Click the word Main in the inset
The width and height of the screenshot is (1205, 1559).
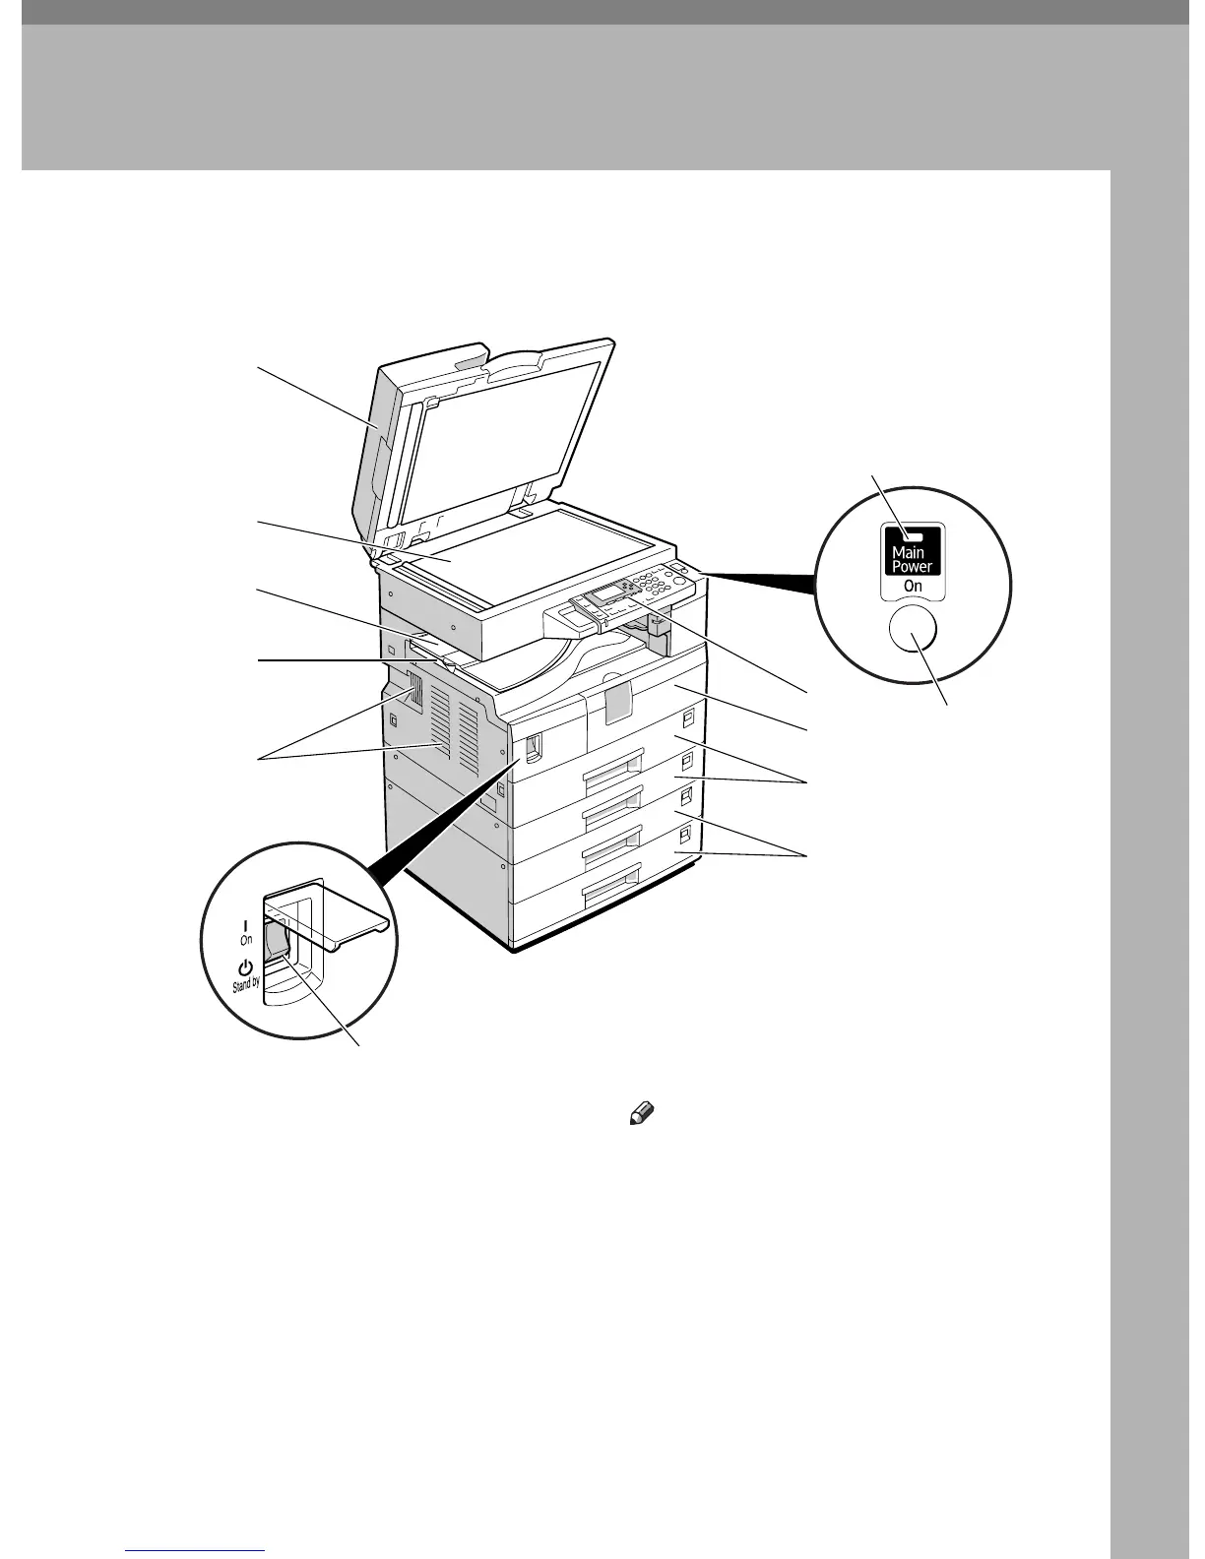[x=907, y=552]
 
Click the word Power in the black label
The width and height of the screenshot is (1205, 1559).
[x=912, y=567]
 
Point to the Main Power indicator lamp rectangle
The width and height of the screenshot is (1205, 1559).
[x=912, y=536]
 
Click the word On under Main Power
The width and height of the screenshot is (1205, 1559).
[x=913, y=586]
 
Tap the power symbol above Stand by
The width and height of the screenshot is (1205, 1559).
[x=246, y=967]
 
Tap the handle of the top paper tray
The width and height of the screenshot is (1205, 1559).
[x=611, y=756]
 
